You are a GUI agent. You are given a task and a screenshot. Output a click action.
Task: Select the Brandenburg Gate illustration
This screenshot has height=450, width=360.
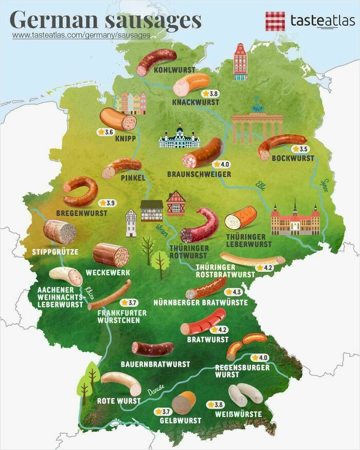click(257, 125)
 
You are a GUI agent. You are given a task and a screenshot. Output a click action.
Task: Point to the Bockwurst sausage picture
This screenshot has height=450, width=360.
click(281, 146)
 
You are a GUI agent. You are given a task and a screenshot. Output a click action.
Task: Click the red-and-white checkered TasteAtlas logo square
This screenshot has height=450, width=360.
click(275, 21)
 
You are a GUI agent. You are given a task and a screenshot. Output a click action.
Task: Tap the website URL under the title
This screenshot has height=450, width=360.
click(81, 35)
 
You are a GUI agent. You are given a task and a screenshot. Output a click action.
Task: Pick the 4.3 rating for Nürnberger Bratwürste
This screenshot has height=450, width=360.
click(233, 292)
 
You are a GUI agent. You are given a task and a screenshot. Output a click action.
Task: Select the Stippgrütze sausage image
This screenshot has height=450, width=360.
click(59, 231)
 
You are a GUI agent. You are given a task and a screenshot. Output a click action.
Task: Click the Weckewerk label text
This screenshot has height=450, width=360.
click(108, 272)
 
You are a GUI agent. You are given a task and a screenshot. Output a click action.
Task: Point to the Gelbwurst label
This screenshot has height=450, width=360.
click(181, 420)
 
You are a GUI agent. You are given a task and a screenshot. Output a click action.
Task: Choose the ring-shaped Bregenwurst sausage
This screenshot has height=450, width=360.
click(81, 191)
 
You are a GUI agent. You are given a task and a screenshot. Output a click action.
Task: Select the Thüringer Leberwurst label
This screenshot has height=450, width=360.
click(248, 240)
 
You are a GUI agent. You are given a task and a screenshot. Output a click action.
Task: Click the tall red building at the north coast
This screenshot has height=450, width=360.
click(240, 62)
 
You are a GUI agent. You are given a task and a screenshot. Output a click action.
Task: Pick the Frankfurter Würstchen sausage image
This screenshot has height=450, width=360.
click(109, 295)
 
